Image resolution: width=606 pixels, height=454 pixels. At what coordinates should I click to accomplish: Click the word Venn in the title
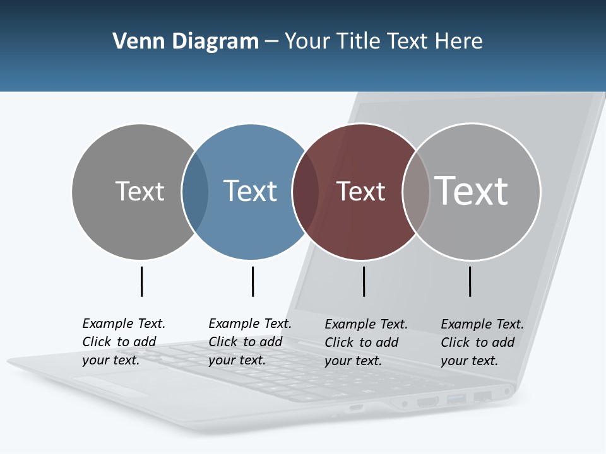[x=134, y=42]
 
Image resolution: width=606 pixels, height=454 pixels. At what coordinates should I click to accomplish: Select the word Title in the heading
[x=360, y=42]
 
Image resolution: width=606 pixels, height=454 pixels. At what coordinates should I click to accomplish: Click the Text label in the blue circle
[x=250, y=191]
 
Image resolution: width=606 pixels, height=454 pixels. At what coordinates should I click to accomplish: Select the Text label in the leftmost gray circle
[x=140, y=191]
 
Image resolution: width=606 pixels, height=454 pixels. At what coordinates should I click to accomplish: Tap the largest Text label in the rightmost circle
[x=471, y=190]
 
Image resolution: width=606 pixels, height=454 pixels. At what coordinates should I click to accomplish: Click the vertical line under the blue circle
[x=252, y=281]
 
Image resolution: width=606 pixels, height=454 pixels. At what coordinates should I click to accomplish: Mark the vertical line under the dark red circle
[x=364, y=281]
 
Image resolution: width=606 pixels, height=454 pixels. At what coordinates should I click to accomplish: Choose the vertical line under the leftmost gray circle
[x=141, y=281]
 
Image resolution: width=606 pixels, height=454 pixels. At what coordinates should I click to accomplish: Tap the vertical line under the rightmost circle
[x=470, y=281]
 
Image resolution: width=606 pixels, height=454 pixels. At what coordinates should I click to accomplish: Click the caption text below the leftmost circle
[x=124, y=342]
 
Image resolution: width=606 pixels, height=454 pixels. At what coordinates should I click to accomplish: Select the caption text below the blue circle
[x=250, y=342]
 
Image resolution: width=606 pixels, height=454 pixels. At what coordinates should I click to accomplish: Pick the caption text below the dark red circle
[x=366, y=342]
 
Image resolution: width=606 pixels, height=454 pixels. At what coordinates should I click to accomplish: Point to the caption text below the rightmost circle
[x=482, y=342]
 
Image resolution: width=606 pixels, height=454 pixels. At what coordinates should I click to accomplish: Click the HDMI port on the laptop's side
[x=427, y=401]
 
